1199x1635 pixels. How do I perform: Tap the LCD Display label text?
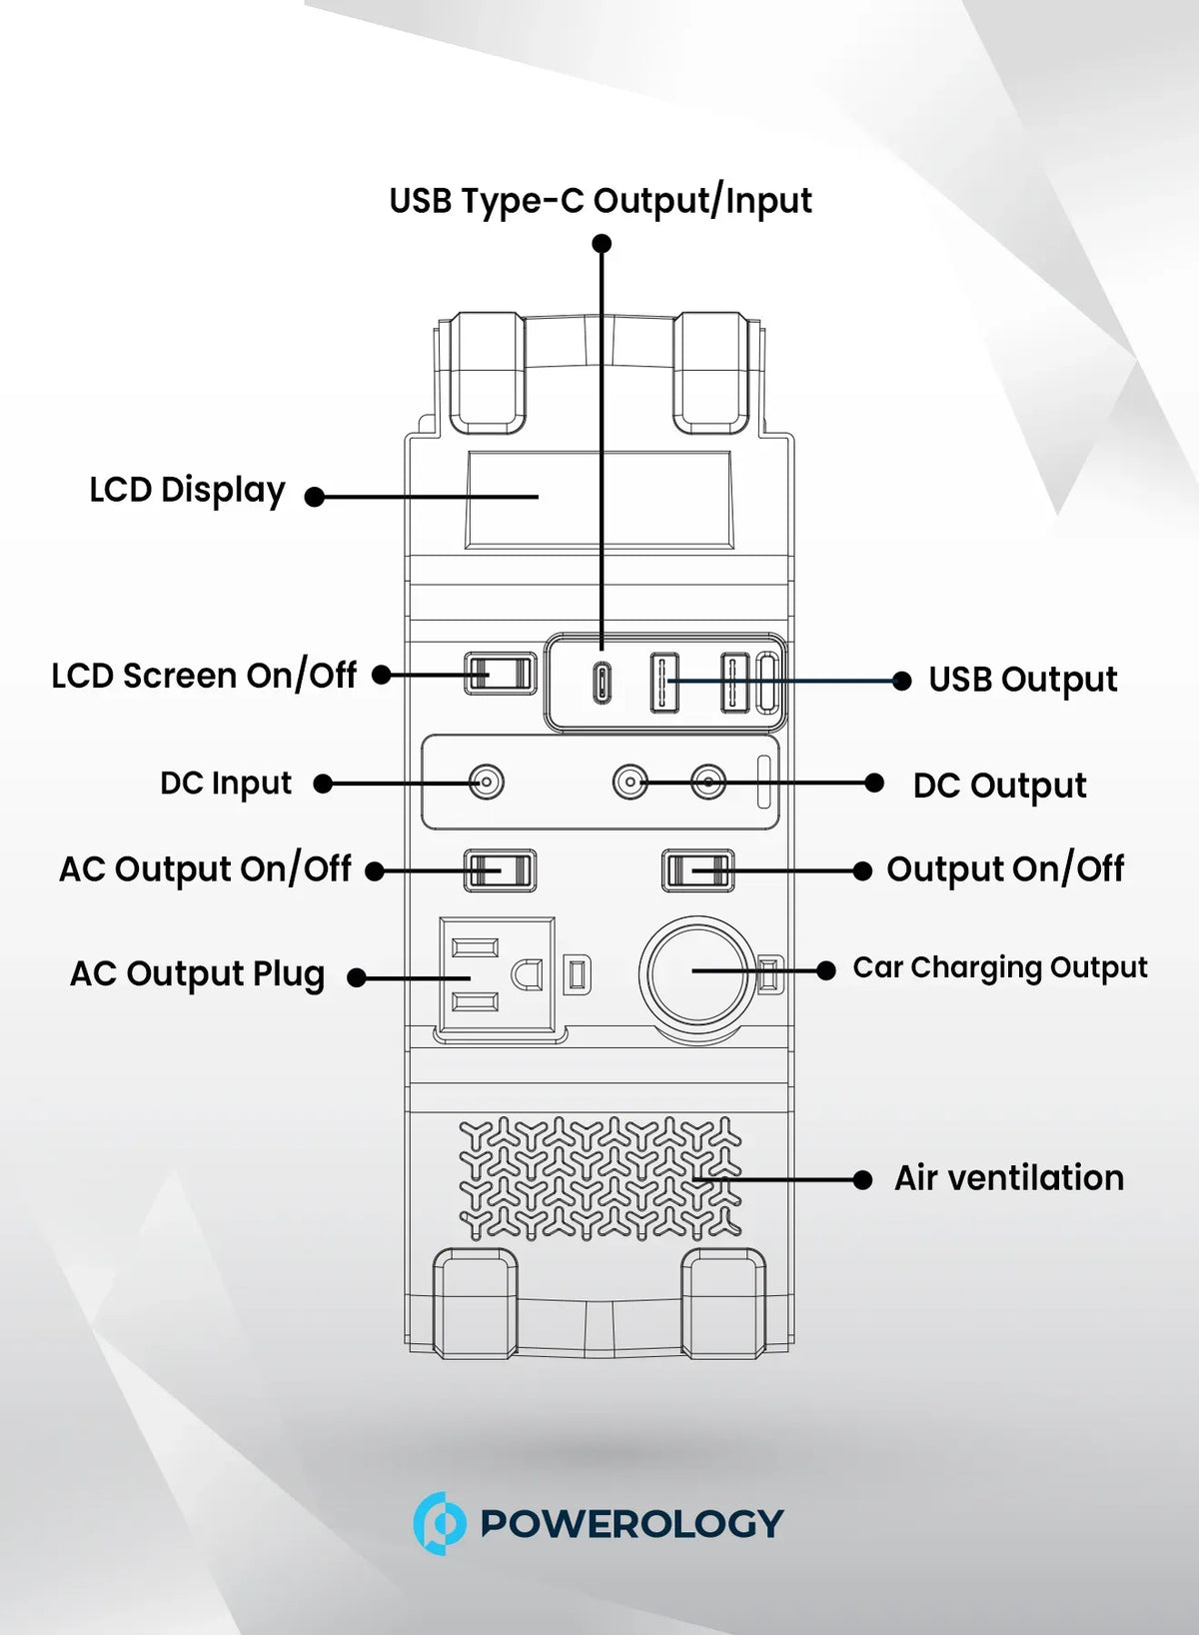tap(187, 491)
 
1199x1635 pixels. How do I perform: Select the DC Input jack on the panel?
tap(486, 783)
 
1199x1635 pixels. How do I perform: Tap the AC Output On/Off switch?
tap(500, 870)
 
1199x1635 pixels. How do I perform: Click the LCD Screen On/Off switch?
tap(500, 673)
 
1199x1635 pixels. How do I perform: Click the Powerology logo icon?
tap(439, 1523)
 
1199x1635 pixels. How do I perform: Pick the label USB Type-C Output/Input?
tap(600, 201)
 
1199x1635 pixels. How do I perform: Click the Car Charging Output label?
tap(1000, 968)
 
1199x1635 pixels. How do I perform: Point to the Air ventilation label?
tap(1009, 1178)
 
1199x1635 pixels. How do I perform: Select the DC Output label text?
tap(1000, 787)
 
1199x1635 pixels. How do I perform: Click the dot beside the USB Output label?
tap(902, 681)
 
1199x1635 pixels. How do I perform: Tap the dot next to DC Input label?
tap(323, 784)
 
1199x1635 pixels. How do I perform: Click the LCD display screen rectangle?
tap(599, 500)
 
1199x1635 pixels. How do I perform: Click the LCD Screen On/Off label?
tap(205, 676)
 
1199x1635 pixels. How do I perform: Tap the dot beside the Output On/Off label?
tap(862, 870)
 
